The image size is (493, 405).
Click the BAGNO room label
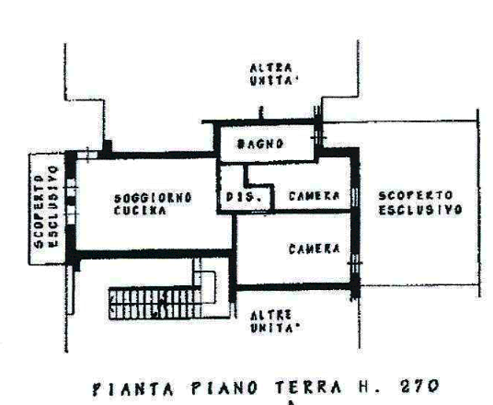260,145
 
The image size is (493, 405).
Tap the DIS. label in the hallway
244,197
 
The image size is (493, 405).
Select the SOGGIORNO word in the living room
153,198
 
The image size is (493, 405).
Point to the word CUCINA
140,211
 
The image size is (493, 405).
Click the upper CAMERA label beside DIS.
314,196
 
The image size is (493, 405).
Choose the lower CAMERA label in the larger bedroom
314,249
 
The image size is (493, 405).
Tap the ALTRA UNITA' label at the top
273,75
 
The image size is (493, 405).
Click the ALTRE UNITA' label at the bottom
274,321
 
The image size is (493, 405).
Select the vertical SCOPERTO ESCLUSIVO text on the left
47,207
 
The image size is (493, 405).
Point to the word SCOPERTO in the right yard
416,196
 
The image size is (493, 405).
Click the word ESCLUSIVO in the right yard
420,210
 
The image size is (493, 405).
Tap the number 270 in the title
419,387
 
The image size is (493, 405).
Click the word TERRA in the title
308,388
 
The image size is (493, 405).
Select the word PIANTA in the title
133,389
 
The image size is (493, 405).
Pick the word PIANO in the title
224,388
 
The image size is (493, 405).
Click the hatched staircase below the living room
155,304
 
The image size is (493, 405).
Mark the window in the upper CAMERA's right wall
355,198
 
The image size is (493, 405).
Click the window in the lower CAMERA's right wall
355,263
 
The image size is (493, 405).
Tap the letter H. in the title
370,388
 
